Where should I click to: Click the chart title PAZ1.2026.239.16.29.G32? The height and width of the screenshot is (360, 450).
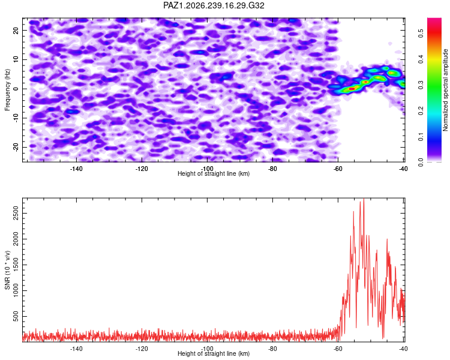(214, 5)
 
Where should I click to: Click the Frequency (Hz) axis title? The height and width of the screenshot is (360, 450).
(7, 90)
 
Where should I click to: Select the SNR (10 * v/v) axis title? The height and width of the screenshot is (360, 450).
(7, 271)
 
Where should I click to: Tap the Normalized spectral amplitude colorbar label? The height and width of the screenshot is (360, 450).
(445, 90)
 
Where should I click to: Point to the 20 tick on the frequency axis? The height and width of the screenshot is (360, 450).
(16, 30)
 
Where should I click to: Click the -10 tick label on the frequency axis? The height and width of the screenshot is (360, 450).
(16, 118)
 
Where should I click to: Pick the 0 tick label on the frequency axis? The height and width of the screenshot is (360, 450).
(16, 89)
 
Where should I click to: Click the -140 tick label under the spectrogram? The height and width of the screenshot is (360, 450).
(76, 169)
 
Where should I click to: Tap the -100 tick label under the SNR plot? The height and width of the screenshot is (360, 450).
(207, 349)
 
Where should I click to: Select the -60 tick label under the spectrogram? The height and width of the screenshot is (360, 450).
(338, 169)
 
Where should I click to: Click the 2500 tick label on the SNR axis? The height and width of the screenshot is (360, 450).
(16, 214)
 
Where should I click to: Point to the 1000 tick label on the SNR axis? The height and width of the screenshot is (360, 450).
(16, 291)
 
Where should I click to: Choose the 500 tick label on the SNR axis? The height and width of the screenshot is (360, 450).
(16, 317)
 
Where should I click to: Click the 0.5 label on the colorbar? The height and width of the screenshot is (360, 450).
(421, 34)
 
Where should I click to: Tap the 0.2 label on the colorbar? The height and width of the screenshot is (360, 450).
(421, 111)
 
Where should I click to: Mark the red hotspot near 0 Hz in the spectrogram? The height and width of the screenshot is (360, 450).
(352, 89)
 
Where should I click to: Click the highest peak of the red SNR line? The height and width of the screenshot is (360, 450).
(364, 199)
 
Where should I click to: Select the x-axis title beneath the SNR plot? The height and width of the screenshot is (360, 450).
(214, 353)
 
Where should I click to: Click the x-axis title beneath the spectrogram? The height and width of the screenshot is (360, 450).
(214, 173)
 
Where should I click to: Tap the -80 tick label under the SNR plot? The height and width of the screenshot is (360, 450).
(272, 349)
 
